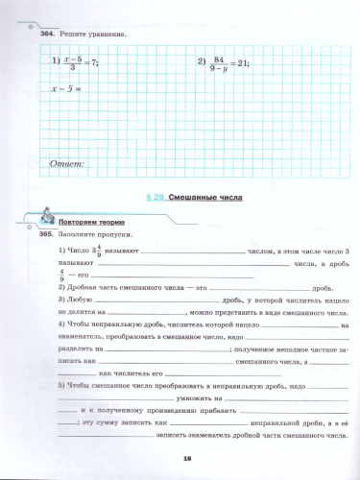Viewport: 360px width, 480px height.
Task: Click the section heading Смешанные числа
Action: point(206,197)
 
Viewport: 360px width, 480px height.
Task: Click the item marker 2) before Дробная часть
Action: point(61,288)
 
